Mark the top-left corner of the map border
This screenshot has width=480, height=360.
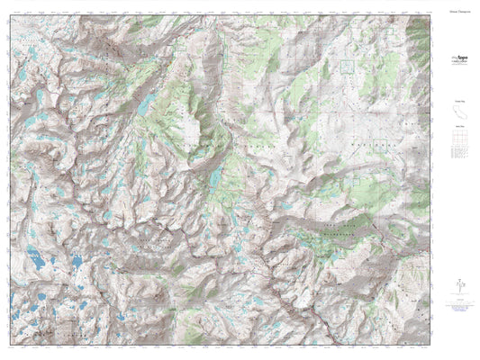[x=11, y=15]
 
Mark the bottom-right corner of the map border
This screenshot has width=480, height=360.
[x=430, y=346]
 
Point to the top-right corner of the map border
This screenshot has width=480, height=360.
[x=430, y=15]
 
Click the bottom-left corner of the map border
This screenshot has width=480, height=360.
[x=11, y=346]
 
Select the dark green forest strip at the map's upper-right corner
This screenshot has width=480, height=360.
[x=421, y=36]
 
